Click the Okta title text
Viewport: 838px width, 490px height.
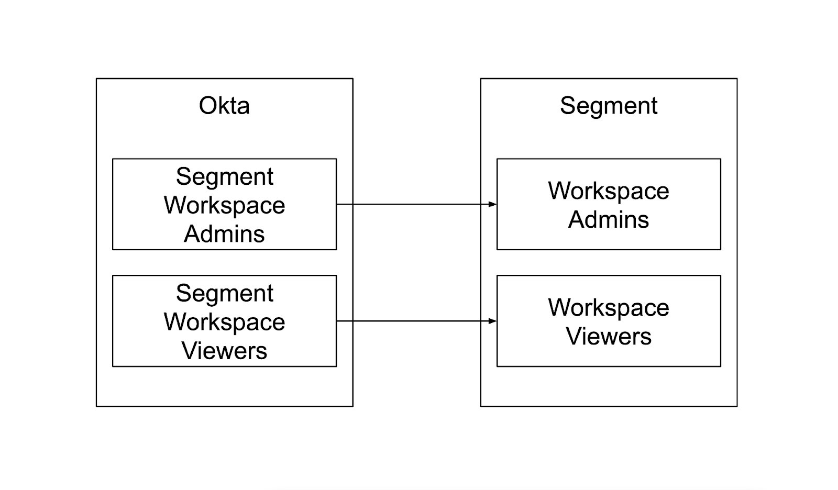(x=224, y=106)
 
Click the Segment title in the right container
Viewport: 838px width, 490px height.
(x=608, y=106)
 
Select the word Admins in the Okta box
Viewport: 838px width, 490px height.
(x=224, y=233)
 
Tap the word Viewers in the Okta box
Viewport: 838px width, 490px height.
(x=224, y=350)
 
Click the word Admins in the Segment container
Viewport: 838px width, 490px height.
(x=608, y=219)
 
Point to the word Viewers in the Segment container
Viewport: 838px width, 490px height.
(x=608, y=336)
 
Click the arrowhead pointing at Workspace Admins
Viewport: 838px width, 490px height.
(x=492, y=204)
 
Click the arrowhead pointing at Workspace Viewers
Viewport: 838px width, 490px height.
(x=492, y=321)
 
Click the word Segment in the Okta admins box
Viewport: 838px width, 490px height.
(x=224, y=176)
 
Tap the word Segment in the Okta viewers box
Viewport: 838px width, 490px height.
(x=224, y=293)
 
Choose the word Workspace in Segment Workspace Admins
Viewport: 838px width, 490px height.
(x=224, y=205)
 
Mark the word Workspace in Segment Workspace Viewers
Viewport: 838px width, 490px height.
(x=224, y=322)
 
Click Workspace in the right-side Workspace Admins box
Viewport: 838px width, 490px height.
(x=608, y=191)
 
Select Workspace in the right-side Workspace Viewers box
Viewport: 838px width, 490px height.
(x=608, y=308)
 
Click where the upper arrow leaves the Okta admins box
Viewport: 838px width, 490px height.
(x=337, y=204)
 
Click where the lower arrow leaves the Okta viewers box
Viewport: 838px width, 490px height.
(x=337, y=321)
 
